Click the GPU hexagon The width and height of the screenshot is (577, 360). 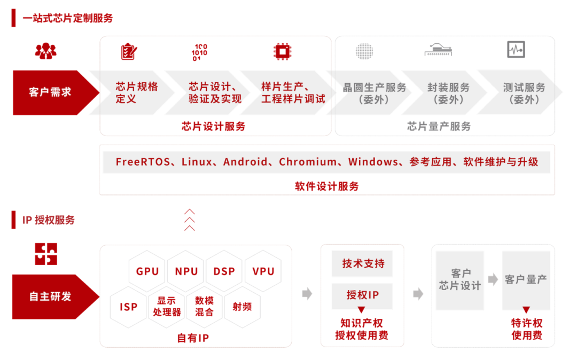(147, 271)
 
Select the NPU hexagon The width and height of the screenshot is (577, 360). (186, 271)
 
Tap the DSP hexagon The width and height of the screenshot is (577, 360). (224, 271)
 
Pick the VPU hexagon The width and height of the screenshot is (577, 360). (263, 271)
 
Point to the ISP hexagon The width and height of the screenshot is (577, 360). (129, 307)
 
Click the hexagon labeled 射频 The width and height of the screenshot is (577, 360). (242, 307)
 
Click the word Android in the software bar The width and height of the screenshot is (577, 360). (245, 162)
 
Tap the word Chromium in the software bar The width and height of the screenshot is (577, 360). (308, 162)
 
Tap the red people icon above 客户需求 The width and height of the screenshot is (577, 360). (46, 51)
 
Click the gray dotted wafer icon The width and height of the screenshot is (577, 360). (364, 51)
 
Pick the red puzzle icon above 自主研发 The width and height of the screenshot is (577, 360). (46, 254)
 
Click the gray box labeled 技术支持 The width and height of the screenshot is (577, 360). (363, 264)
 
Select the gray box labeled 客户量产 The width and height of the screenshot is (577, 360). (526, 280)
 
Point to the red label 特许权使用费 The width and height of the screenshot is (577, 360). (527, 329)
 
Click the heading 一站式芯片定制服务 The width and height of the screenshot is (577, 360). (68, 18)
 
